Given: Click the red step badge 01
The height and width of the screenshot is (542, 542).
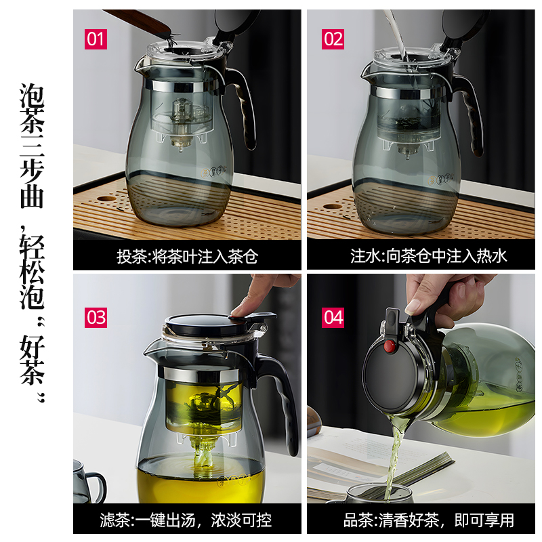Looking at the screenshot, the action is (x=96, y=39).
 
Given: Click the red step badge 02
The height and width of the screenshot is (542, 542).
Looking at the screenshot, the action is (x=333, y=39).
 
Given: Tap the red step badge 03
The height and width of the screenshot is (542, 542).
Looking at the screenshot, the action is (x=96, y=317).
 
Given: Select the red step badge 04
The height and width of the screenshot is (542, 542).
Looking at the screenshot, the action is (x=333, y=317).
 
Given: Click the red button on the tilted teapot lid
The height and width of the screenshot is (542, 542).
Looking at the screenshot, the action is (x=390, y=346).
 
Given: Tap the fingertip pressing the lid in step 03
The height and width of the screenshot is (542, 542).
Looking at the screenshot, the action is (x=239, y=310).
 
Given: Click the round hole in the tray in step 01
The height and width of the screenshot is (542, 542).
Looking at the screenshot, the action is (x=107, y=199).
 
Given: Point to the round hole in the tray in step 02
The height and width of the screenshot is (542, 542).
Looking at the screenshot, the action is (x=333, y=207).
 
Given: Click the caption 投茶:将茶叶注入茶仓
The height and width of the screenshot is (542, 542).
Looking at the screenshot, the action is (x=187, y=257).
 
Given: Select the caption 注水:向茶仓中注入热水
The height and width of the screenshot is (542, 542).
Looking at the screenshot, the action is (x=429, y=256).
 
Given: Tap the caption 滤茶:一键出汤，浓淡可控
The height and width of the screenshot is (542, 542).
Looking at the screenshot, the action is (x=186, y=520).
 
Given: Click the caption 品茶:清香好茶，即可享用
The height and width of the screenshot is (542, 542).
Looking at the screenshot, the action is (x=429, y=520).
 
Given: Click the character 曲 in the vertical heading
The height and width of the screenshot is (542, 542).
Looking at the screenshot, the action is (x=32, y=197).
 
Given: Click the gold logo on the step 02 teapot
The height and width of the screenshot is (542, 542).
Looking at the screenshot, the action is (x=442, y=179).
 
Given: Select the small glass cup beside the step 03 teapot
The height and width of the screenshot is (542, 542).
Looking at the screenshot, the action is (x=88, y=482).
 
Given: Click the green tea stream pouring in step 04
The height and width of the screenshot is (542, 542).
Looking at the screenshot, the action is (x=394, y=456).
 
